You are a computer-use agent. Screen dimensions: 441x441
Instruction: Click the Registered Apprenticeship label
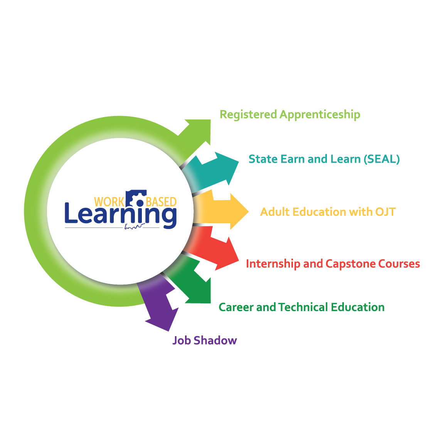click(x=290, y=115)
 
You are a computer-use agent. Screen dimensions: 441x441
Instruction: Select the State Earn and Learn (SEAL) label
click(x=324, y=159)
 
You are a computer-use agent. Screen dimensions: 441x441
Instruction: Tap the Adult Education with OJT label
click(x=328, y=212)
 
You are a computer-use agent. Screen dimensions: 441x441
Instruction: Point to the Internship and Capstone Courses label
click(x=333, y=264)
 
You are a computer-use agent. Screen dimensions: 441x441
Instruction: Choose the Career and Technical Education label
click(x=301, y=307)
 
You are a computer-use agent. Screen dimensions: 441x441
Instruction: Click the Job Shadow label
click(x=204, y=340)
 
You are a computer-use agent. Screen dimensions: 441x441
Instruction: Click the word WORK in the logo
click(x=109, y=202)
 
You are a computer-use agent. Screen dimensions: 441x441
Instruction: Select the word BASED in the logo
click(x=161, y=202)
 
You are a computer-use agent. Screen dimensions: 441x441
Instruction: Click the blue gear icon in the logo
click(x=136, y=198)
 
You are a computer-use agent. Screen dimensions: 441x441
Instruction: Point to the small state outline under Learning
click(x=135, y=226)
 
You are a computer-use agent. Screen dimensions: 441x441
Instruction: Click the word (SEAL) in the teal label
click(x=382, y=159)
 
